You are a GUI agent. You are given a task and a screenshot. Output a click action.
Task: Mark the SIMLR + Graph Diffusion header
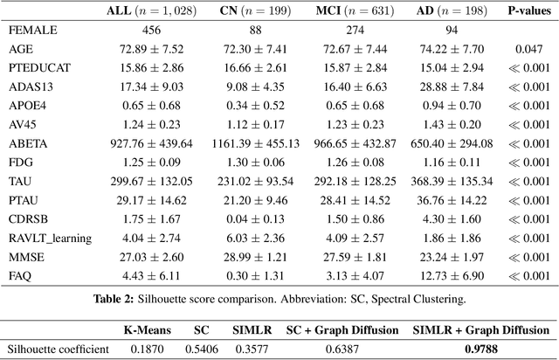pyautogui.click(x=482, y=330)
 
